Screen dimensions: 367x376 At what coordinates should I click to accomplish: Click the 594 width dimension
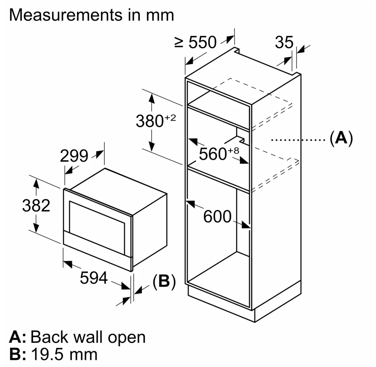(94, 278)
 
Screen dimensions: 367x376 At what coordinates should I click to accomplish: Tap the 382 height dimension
(36, 206)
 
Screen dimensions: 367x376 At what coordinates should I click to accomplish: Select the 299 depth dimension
(74, 156)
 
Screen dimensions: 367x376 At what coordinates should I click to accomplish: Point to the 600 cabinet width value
(217, 217)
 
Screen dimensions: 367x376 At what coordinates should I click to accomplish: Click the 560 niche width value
(213, 155)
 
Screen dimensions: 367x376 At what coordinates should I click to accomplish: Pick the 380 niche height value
(150, 121)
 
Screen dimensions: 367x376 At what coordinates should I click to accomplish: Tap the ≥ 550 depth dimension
(196, 43)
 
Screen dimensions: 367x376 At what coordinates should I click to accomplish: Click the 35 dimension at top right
(284, 43)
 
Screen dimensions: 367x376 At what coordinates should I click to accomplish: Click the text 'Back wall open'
(88, 337)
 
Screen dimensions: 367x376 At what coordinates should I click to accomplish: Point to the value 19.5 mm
(64, 354)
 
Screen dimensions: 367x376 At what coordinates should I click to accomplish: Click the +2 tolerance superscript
(170, 118)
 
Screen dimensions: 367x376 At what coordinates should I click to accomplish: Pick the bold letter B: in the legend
(18, 354)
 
